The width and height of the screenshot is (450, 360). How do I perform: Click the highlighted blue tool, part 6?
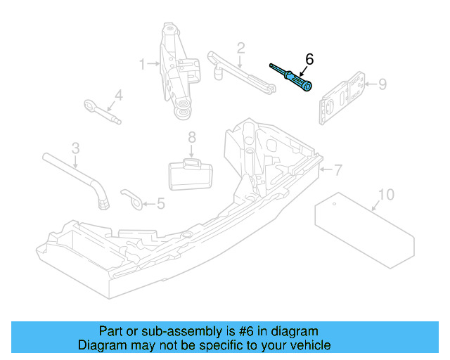point(292,77)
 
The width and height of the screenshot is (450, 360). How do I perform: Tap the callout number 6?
point(307,58)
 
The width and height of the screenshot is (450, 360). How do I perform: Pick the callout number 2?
point(240,48)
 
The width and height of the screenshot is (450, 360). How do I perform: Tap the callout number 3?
point(75,148)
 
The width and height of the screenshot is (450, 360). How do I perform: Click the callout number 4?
point(118,94)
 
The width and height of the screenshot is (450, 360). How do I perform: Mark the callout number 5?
point(160,204)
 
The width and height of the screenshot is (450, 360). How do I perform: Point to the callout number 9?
point(382,84)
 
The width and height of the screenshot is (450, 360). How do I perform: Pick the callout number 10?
point(386,193)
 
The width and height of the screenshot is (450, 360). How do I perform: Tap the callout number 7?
point(337,169)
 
